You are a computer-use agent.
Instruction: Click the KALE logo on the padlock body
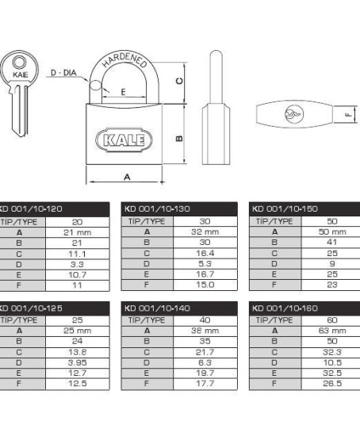(x=124, y=140)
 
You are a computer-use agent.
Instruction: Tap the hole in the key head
(x=19, y=62)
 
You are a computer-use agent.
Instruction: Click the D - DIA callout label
(x=63, y=73)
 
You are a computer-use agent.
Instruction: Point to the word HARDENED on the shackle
(x=124, y=59)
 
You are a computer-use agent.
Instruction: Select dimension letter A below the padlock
(x=127, y=178)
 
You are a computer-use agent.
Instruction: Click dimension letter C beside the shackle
(x=179, y=81)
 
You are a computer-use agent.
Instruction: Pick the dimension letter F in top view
(x=348, y=115)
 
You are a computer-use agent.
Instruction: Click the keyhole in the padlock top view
(x=293, y=114)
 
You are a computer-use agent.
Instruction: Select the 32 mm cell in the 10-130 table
(x=205, y=232)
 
